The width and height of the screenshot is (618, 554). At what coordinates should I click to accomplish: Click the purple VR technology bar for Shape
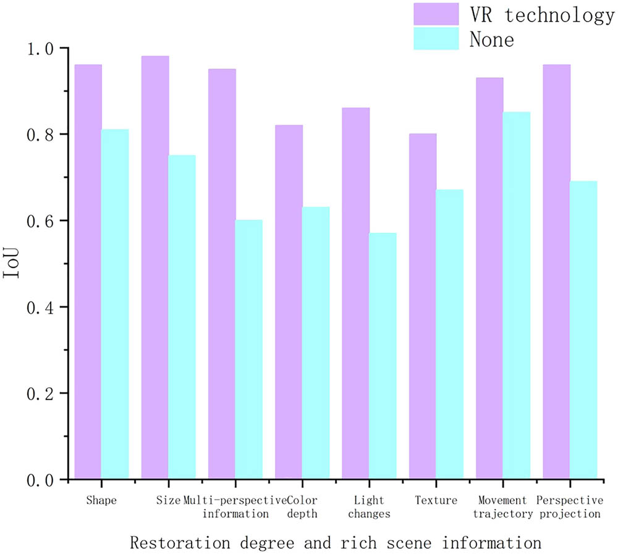coord(88,272)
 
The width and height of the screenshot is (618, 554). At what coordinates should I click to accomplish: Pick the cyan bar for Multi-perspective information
coord(249,350)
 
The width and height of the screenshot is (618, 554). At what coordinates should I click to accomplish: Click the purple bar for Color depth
coord(289,302)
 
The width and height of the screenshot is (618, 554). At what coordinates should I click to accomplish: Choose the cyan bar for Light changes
coord(383,356)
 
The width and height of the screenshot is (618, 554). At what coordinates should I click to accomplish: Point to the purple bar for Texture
coord(423,306)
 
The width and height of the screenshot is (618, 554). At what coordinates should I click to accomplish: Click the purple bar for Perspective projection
coord(556,272)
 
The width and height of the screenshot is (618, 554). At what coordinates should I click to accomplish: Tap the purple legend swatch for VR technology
coord(436,14)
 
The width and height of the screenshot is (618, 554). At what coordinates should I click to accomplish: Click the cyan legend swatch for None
coord(436,38)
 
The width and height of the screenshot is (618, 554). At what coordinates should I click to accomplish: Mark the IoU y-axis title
coord(13,264)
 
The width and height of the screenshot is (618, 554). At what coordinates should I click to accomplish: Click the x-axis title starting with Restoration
coord(336,543)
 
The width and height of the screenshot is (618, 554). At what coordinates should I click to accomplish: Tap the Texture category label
coord(436,500)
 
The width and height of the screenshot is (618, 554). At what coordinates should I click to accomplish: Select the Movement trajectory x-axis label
coord(503,506)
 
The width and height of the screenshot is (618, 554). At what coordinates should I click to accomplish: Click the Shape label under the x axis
coord(101,500)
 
